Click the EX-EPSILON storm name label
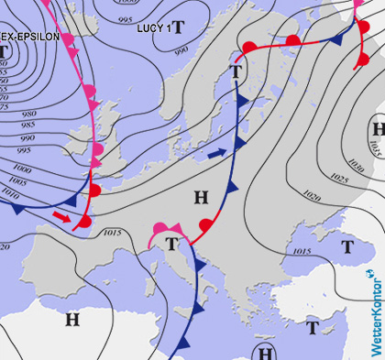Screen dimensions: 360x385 pyautogui.click(x=30, y=37)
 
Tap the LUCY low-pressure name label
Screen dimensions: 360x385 pyautogui.click(x=151, y=28)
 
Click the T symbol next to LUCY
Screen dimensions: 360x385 pyautogui.click(x=178, y=27)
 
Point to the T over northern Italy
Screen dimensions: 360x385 pyautogui.click(x=171, y=243)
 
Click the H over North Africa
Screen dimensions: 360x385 pyautogui.click(x=71, y=319)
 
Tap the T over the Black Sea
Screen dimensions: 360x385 pyautogui.click(x=347, y=246)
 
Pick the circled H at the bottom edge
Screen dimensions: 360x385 pyautogui.click(x=266, y=353)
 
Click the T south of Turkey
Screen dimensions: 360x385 pyautogui.click(x=313, y=327)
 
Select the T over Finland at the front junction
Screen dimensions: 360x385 pyautogui.click(x=238, y=71)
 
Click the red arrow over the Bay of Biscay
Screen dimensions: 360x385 pyautogui.click(x=61, y=216)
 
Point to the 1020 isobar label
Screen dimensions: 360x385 pyautogui.click(x=312, y=194)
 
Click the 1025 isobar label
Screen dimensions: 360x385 pyautogui.click(x=338, y=177)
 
